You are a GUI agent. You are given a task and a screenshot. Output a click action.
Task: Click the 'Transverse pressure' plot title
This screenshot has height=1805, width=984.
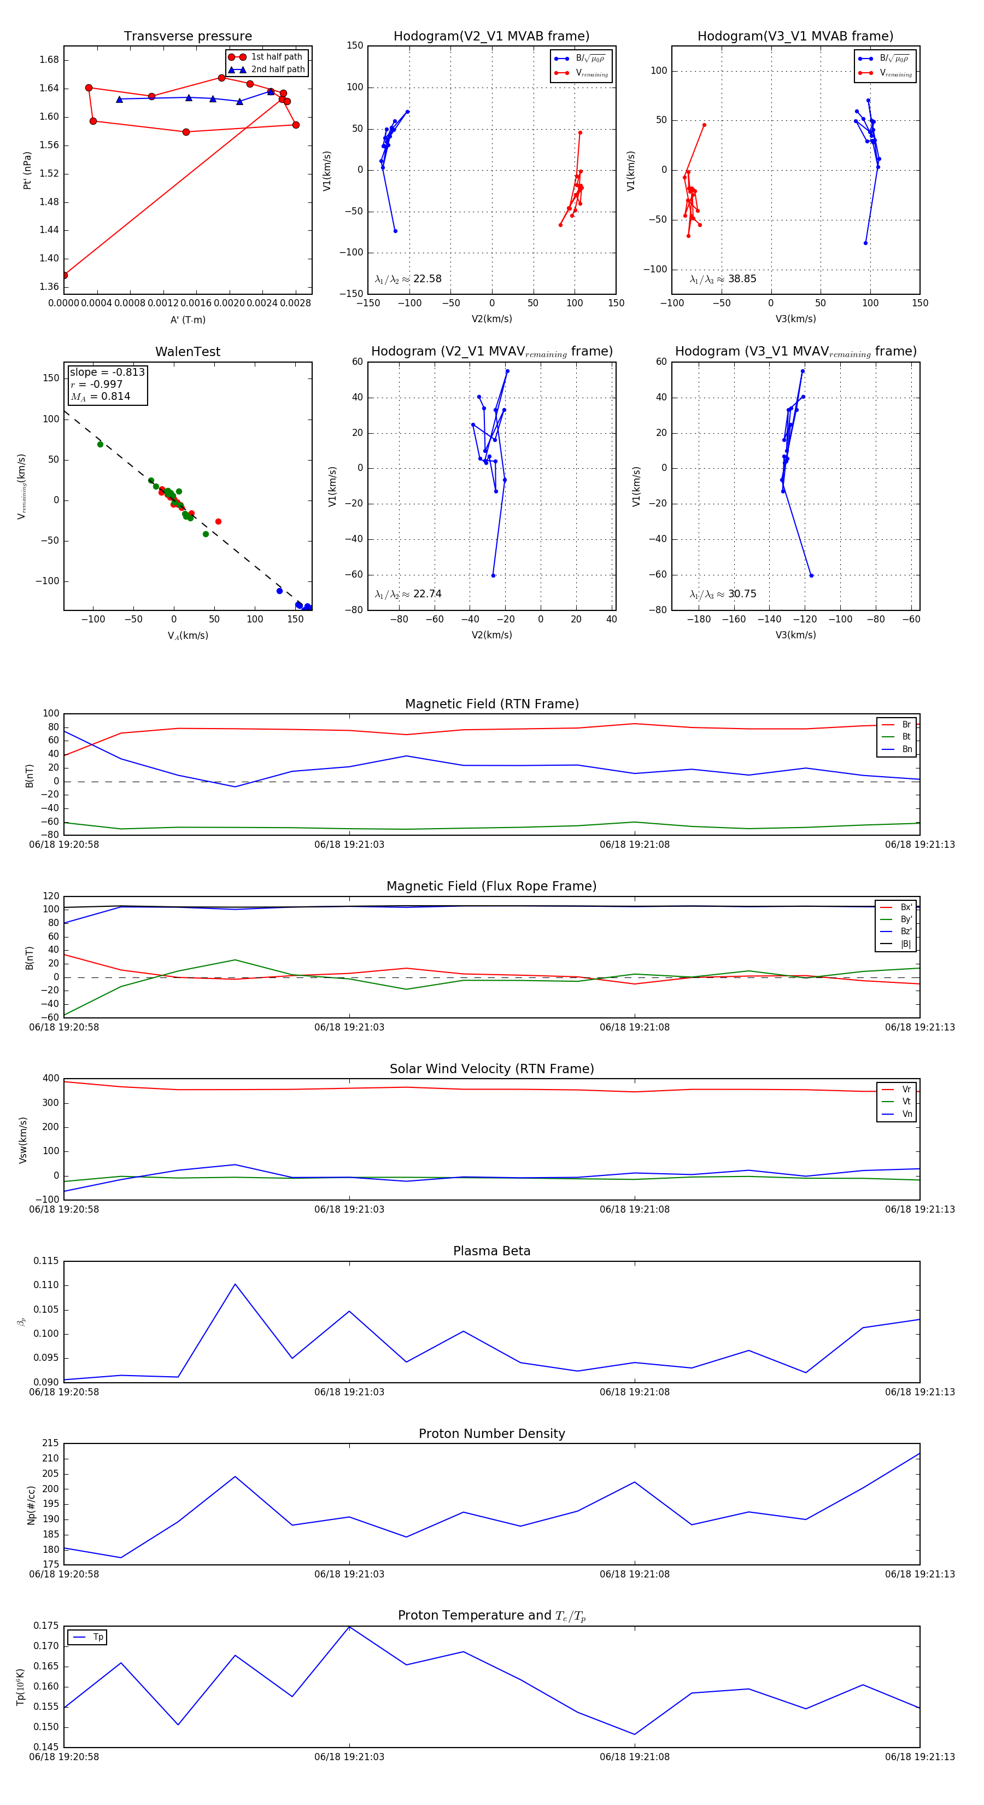click(188, 37)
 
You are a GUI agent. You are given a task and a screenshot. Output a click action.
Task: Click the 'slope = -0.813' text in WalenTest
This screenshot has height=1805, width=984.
click(107, 372)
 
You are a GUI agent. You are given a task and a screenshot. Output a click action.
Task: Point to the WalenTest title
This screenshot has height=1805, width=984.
click(188, 352)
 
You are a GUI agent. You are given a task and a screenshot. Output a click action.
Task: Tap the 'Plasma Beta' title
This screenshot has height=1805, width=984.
click(491, 1251)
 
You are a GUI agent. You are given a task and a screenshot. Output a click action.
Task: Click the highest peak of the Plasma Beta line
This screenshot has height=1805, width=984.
click(235, 1284)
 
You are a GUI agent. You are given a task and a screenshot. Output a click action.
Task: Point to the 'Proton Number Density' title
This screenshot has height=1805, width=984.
click(491, 1434)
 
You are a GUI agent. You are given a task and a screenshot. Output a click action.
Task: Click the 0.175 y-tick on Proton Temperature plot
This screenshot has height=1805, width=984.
click(46, 1626)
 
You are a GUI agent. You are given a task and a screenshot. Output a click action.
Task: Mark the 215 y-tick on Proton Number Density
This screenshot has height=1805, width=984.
click(50, 1443)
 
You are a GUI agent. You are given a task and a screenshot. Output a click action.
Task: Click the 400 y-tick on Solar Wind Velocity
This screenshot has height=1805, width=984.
click(50, 1079)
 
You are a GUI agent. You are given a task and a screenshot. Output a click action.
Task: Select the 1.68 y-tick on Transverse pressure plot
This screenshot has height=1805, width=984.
click(49, 60)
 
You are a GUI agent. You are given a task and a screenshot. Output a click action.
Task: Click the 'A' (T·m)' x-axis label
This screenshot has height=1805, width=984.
click(188, 319)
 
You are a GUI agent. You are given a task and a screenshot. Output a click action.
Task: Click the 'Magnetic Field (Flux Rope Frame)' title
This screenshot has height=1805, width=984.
click(491, 887)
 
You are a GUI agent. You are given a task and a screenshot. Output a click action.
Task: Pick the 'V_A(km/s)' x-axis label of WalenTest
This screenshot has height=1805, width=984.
click(188, 636)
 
